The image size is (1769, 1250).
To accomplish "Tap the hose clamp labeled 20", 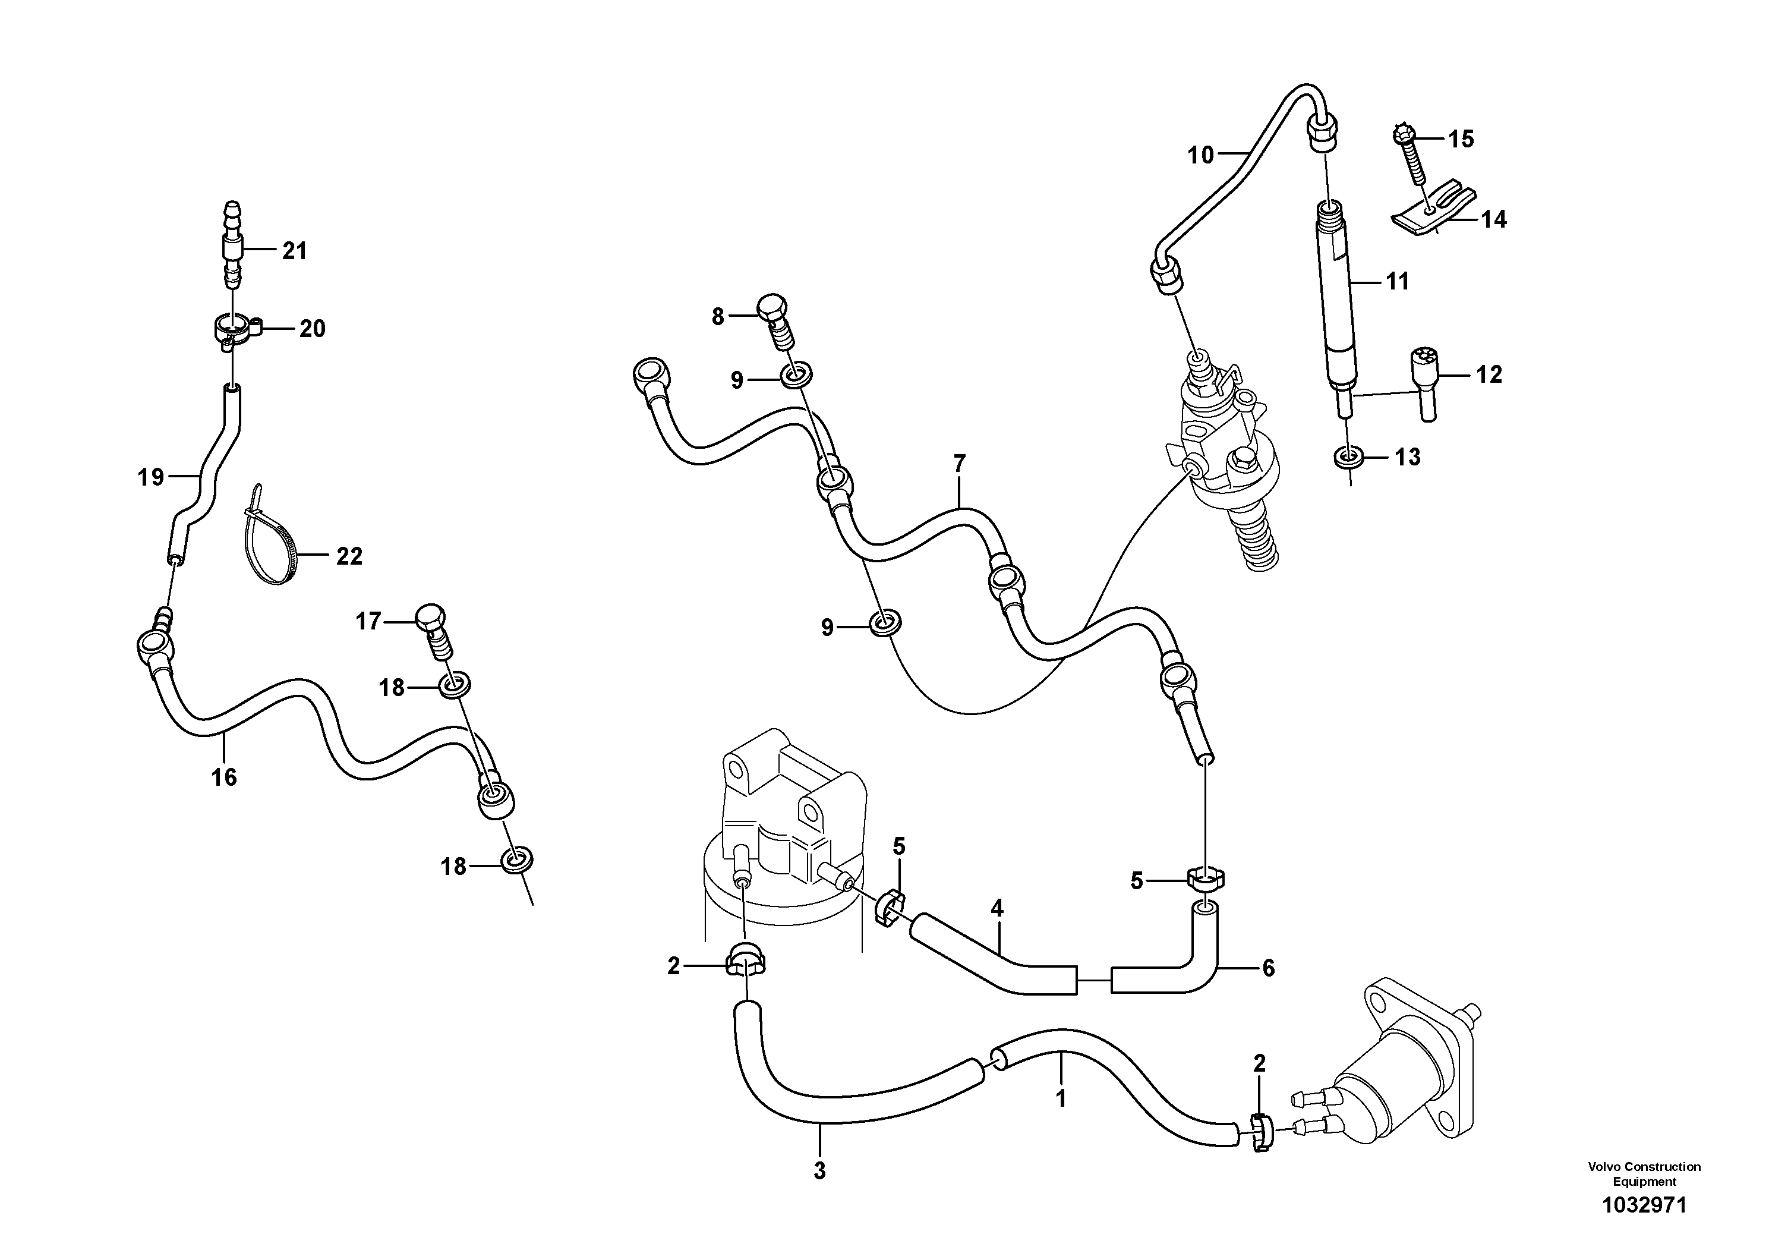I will pyautogui.click(x=233, y=330).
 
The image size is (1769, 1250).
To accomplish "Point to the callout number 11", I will pyautogui.click(x=1397, y=282).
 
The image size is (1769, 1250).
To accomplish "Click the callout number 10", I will pyautogui.click(x=1200, y=156).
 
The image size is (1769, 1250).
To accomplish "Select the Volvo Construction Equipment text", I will pyautogui.click(x=1644, y=1174).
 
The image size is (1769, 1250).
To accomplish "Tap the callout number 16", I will pyautogui.click(x=224, y=777).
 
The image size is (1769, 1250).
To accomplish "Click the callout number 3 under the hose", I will pyautogui.click(x=819, y=1170).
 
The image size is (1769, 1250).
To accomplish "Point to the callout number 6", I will pyautogui.click(x=1268, y=968).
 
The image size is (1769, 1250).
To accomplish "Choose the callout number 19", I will pyautogui.click(x=151, y=478).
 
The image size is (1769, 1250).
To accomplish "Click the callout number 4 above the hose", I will pyautogui.click(x=997, y=909).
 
